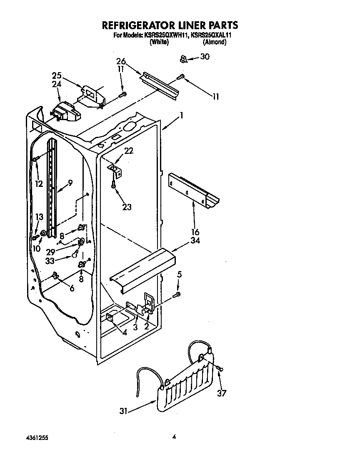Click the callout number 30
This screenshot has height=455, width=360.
205,57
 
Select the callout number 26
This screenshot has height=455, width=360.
121,61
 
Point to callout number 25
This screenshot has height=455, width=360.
57,75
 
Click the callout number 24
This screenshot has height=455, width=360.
57,84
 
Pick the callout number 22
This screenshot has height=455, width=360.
129,151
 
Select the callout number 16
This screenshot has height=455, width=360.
195,232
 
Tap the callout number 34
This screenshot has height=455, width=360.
195,240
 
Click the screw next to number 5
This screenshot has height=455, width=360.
177,295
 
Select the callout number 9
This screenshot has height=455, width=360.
70,182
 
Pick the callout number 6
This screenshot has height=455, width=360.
72,287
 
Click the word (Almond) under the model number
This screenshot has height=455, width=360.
215,43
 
